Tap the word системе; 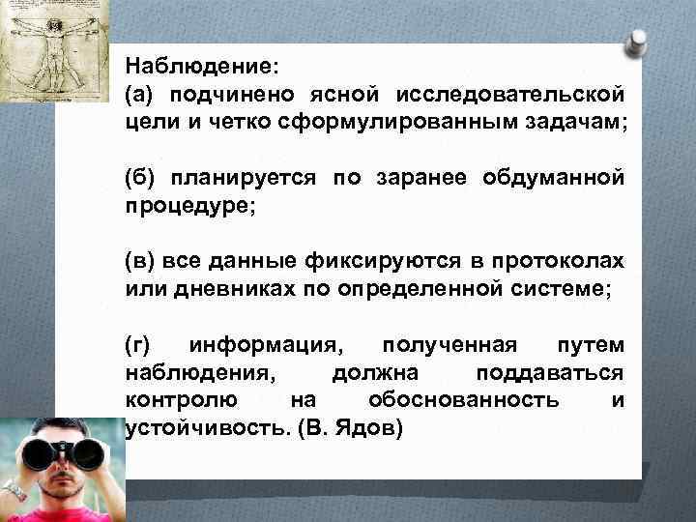pos(565,289)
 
